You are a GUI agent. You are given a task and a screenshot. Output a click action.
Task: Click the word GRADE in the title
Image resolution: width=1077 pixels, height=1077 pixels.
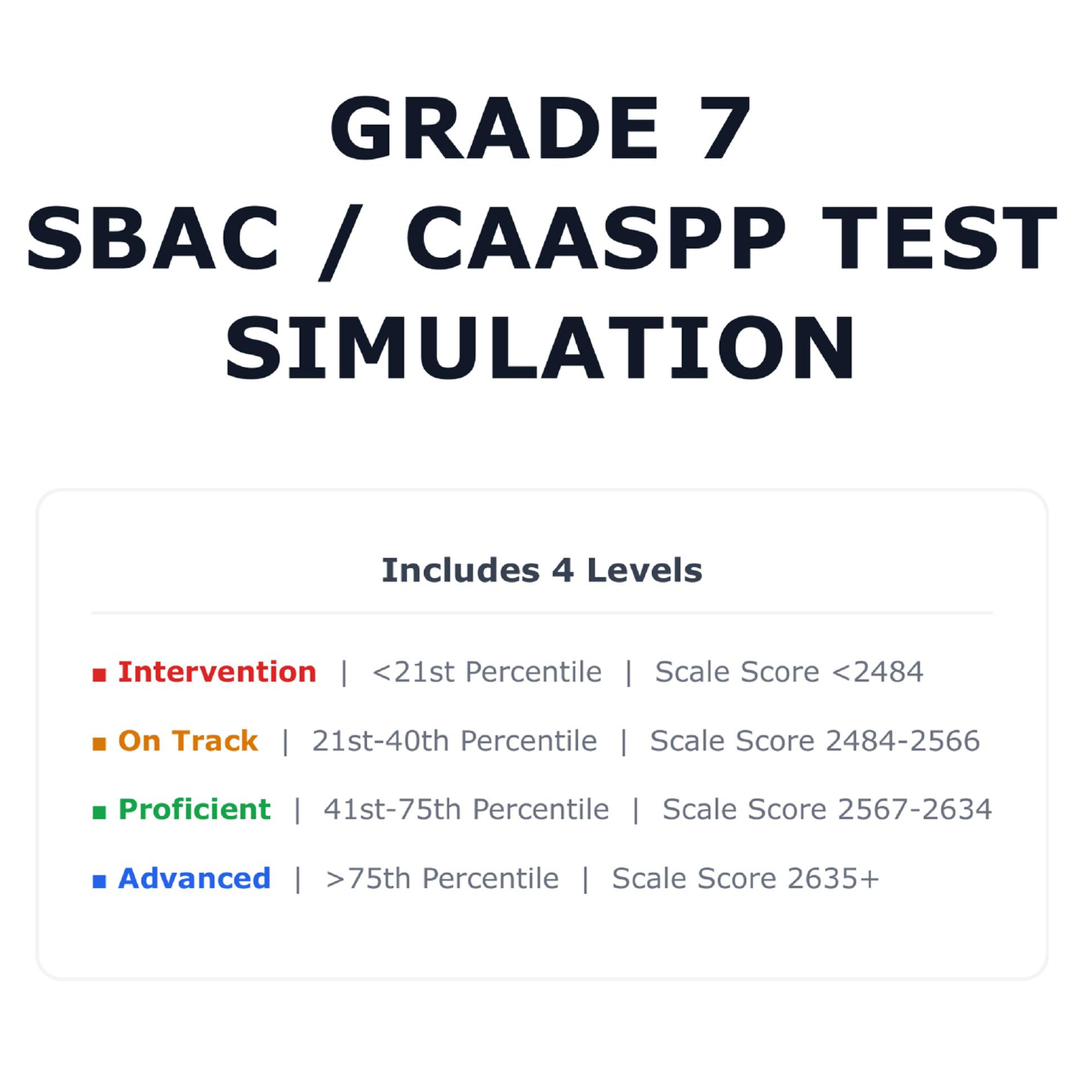[494, 129]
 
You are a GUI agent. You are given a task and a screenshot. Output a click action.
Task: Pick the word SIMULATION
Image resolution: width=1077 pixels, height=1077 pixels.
[541, 348]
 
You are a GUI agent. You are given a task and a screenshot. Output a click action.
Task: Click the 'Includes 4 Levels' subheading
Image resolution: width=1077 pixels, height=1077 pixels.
[542, 570]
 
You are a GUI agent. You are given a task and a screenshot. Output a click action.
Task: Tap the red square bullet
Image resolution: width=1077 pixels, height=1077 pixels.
[99, 675]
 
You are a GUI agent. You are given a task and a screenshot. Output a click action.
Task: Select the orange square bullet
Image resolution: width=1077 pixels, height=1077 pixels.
[99, 744]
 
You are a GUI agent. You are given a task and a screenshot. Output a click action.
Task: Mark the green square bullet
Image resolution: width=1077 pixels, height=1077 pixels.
[99, 813]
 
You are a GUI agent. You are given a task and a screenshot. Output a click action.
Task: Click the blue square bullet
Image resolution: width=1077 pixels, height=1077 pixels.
[99, 882]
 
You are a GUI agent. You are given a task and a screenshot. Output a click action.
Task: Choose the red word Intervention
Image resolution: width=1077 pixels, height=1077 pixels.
[217, 672]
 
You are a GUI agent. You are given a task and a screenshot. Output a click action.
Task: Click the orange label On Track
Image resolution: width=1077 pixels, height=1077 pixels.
[188, 741]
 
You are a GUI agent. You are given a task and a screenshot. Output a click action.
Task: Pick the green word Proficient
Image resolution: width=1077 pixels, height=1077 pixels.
[195, 810]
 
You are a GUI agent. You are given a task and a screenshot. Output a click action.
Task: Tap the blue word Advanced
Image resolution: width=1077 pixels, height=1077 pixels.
[195, 879]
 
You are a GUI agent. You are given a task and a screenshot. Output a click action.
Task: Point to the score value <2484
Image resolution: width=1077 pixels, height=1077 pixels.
[877, 672]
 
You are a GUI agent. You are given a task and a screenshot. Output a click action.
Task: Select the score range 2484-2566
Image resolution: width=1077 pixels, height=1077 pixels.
[903, 741]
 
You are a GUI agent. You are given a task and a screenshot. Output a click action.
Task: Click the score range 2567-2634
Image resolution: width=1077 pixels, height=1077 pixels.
[915, 810]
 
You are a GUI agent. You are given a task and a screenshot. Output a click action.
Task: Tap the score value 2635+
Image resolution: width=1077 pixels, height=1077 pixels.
[833, 879]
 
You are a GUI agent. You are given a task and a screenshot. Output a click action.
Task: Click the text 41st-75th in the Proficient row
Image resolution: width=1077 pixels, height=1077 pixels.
[392, 810]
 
